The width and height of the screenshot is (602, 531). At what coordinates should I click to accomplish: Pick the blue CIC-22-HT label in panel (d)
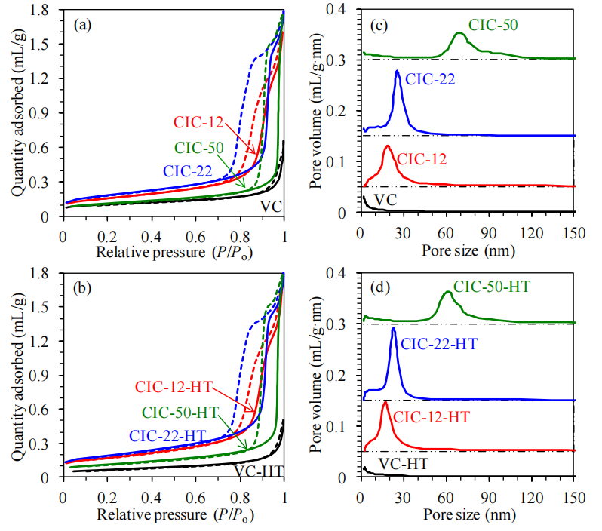pos(439,344)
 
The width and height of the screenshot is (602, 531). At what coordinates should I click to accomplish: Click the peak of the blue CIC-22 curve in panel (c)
pos(397,71)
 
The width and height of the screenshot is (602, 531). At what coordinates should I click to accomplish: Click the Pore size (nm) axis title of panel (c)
pos(467,248)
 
